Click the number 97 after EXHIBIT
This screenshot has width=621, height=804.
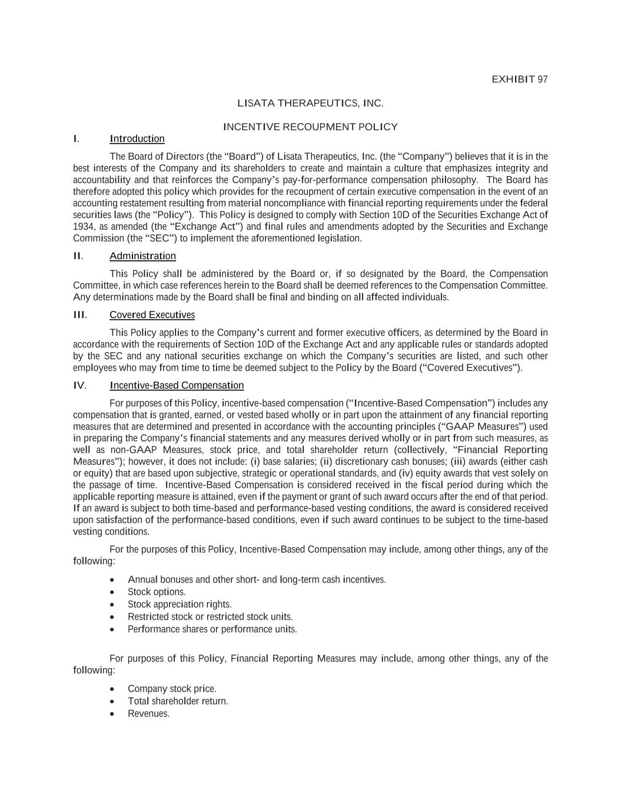[542, 80]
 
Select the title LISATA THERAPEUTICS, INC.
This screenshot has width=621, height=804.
[310, 103]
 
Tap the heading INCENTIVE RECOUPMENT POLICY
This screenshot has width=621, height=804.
[310, 127]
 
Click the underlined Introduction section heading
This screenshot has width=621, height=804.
[137, 138]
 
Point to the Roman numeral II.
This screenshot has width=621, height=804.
[78, 256]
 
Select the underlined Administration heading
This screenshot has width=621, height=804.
[142, 256]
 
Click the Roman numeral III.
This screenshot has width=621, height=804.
[79, 315]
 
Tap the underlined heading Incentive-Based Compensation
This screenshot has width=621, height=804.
[177, 385]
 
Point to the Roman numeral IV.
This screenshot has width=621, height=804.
[79, 385]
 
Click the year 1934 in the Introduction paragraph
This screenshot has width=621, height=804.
[82, 227]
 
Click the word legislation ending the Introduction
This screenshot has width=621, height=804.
[339, 239]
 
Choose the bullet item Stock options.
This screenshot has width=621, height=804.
[157, 592]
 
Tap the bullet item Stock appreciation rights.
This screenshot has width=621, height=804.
[180, 604]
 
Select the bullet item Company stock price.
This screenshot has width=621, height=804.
[172, 689]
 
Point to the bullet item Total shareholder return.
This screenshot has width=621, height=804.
[178, 701]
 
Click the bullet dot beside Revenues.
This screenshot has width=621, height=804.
[112, 714]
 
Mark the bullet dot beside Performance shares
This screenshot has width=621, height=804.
[112, 630]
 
